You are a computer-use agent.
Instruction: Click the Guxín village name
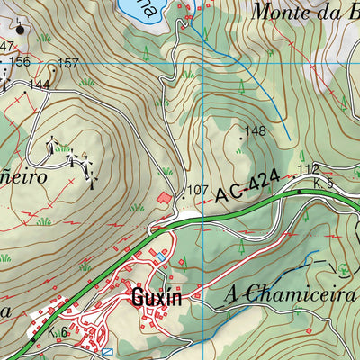156,297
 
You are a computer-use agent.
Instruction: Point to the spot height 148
256,131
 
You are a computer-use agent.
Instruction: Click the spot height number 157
68,63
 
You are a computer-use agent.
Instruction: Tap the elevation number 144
38,85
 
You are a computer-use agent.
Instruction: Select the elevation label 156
20,61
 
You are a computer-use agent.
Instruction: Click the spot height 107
198,191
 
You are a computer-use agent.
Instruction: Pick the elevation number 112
309,169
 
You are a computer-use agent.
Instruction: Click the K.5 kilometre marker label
324,184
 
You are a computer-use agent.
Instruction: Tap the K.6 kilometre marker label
58,332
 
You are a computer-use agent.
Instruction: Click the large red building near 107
164,197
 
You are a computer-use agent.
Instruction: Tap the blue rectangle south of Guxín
107,352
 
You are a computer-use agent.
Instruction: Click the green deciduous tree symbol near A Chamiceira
343,267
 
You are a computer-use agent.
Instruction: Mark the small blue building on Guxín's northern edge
160,256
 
